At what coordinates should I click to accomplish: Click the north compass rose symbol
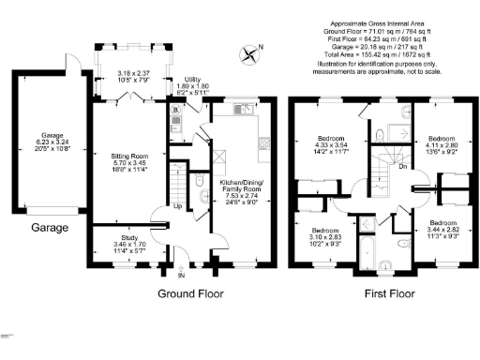pyautogui.click(x=250, y=55)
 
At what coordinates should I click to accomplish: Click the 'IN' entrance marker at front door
pyautogui.click(x=182, y=277)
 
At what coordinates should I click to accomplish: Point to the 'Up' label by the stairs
pyautogui.click(x=177, y=206)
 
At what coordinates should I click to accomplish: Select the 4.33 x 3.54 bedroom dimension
pyautogui.click(x=331, y=145)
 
